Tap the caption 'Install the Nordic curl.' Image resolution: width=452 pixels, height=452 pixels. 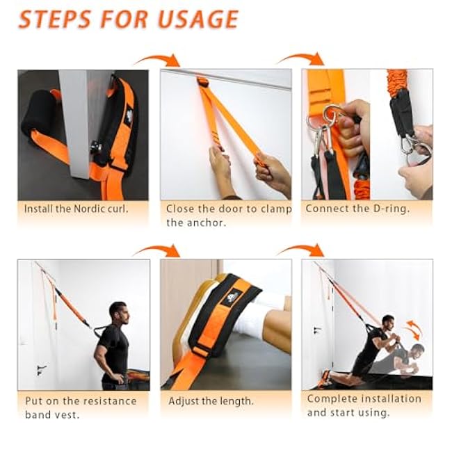[x=76, y=209]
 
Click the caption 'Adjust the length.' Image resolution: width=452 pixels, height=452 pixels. [x=211, y=401]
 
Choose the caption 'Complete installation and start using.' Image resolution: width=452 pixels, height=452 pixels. [x=364, y=405]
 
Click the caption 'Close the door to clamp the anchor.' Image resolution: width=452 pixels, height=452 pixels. [x=228, y=215]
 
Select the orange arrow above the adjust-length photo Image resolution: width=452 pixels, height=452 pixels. [x=156, y=250]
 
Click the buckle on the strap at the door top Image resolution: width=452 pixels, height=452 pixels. [x=202, y=83]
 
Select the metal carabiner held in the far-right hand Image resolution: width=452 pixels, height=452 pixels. [x=416, y=145]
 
